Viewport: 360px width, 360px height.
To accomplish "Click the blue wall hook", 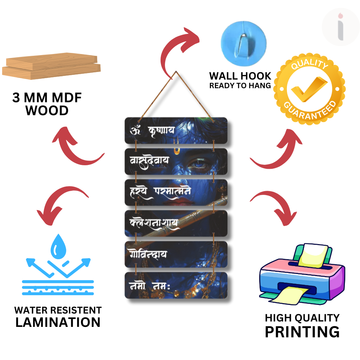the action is click(x=243, y=44).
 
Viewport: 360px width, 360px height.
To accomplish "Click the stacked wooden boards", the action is click(x=51, y=66).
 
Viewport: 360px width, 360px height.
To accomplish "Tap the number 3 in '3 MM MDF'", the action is click(x=16, y=98).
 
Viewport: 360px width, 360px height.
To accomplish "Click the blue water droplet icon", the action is click(x=58, y=246).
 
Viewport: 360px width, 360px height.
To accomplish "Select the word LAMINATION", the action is click(x=58, y=322).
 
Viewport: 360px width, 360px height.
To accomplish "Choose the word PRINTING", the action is click(x=302, y=332).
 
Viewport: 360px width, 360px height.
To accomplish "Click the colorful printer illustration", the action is click(x=302, y=274).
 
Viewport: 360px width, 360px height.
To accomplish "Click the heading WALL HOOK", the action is click(x=240, y=76).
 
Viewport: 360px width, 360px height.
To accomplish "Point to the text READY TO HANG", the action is click(x=240, y=86).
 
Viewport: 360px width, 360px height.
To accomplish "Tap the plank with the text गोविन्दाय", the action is click(x=176, y=255).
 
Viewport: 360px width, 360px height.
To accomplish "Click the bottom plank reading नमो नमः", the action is click(x=176, y=285).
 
